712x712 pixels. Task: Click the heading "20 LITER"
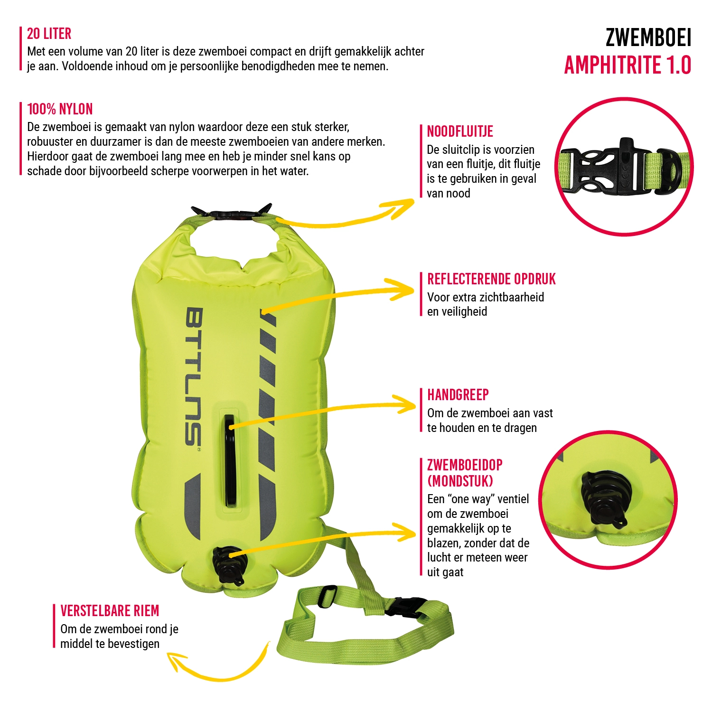pyautogui.click(x=49, y=34)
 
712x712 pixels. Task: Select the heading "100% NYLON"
pyautogui.click(x=60, y=109)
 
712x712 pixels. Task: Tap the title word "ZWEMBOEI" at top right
pyautogui.click(x=648, y=38)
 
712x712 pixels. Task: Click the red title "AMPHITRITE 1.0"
pyautogui.click(x=627, y=66)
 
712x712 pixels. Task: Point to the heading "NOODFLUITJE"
pyautogui.click(x=459, y=131)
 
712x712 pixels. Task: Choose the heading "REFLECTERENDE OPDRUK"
pyautogui.click(x=491, y=279)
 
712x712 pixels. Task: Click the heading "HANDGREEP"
pyautogui.click(x=458, y=395)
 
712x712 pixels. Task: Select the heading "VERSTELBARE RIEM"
pyautogui.click(x=110, y=611)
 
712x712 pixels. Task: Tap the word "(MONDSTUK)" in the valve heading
pyautogui.click(x=460, y=481)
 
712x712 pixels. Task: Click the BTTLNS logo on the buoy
pyautogui.click(x=193, y=377)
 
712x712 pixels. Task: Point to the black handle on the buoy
pyautogui.click(x=230, y=460)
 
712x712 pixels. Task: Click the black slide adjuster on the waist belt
pyautogui.click(x=327, y=596)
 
